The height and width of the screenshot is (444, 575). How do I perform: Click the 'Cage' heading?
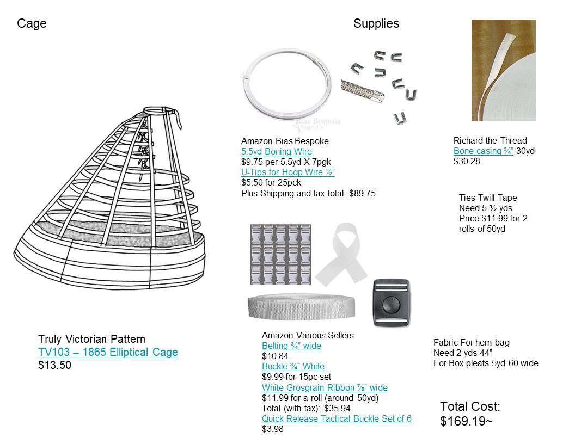32,23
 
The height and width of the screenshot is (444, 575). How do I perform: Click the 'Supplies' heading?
376,23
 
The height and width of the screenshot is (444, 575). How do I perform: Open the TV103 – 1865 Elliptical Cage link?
108,352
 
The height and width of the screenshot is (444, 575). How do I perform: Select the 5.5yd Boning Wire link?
277,151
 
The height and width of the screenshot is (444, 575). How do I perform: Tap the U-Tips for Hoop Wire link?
288,172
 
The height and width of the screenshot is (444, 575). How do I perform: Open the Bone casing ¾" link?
484,151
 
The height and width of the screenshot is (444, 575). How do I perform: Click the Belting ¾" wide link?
291,346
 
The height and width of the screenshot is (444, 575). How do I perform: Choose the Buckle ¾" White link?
293,366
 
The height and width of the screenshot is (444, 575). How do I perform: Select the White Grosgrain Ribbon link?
325,387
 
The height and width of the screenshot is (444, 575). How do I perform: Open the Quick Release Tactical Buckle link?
337,418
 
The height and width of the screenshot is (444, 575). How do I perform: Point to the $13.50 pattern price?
54,365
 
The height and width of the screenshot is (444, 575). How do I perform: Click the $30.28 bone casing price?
467,161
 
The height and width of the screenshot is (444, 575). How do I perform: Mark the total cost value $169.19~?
466,421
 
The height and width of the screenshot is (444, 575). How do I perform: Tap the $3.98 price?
272,429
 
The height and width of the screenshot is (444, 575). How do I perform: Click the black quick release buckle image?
391,303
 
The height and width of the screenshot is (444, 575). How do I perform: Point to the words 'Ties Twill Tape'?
488,198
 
